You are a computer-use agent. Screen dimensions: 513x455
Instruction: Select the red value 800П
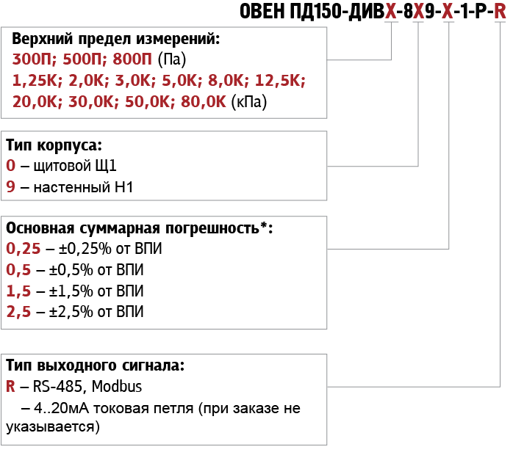(132, 59)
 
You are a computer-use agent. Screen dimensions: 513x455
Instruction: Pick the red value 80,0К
(203, 101)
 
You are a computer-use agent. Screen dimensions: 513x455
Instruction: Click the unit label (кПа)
(249, 101)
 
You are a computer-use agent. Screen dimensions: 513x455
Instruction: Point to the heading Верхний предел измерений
(116, 39)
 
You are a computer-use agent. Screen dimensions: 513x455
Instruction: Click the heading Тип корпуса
(54, 145)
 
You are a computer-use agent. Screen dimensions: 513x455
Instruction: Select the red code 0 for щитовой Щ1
(11, 166)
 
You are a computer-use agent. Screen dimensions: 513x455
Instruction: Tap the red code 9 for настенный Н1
(11, 187)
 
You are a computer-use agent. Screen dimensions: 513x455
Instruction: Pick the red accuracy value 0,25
(24, 249)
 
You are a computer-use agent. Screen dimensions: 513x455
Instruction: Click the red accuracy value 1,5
(18, 291)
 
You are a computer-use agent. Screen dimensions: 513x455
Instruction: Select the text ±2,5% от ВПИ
(96, 312)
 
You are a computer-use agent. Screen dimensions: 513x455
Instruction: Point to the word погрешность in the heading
(212, 229)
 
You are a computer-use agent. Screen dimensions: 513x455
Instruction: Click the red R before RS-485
(10, 387)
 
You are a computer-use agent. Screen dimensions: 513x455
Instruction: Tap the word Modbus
(116, 387)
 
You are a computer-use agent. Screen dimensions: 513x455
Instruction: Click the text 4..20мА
(61, 408)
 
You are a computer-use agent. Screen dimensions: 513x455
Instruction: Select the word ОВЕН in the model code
(262, 11)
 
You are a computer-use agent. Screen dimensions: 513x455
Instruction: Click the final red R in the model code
(500, 11)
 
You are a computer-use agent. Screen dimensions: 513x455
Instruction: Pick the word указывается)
(53, 427)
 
